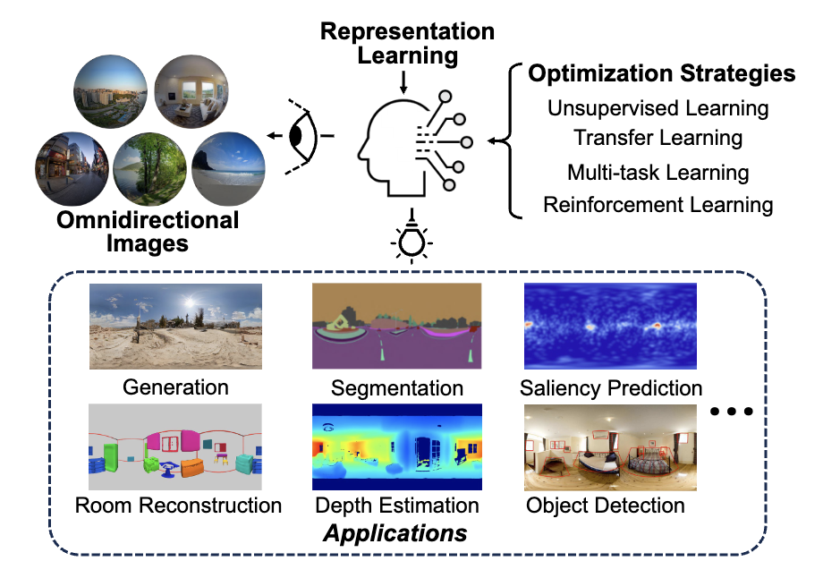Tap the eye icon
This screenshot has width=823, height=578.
301,136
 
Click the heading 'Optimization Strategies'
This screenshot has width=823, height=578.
661,73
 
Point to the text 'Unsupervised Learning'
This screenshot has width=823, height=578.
658,108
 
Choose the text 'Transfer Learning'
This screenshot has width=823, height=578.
658,138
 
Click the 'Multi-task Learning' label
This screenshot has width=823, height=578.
658,172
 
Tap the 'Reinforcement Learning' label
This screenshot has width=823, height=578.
658,204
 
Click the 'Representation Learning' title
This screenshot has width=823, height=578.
407,44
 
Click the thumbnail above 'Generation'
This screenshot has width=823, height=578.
175,326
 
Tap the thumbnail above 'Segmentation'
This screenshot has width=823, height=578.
396,326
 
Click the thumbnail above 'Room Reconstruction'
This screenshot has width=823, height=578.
175,446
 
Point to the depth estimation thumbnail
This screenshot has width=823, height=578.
396,446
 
